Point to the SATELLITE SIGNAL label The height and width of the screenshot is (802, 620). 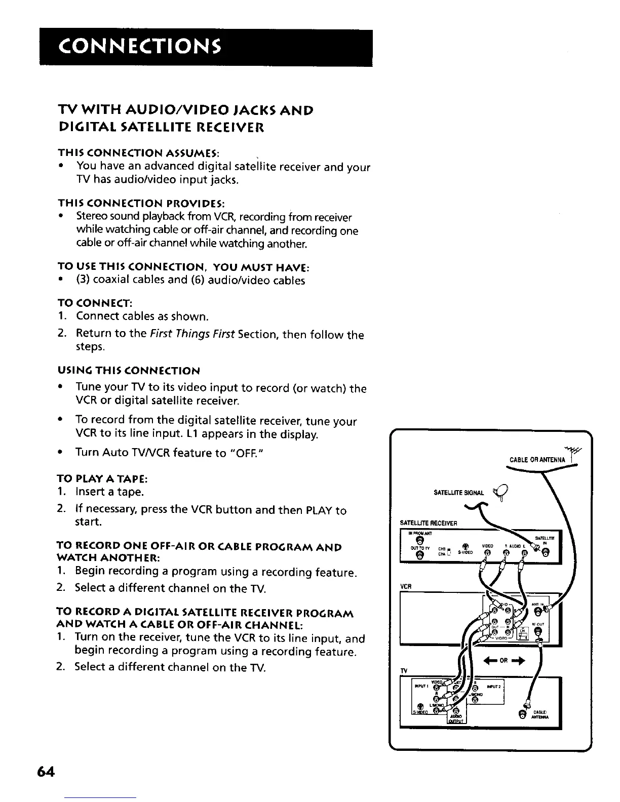pos(458,493)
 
